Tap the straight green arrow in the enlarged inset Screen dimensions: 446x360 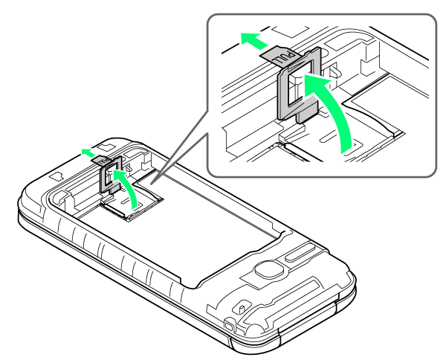tap(253, 40)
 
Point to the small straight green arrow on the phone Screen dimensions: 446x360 tap(88, 152)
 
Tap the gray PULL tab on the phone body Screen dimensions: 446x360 tap(100, 160)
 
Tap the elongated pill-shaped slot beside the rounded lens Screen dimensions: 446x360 tap(298, 254)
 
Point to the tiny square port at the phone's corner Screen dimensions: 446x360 tap(229, 325)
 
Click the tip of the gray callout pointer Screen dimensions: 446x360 tap(151, 184)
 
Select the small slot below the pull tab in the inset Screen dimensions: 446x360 tap(329, 139)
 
